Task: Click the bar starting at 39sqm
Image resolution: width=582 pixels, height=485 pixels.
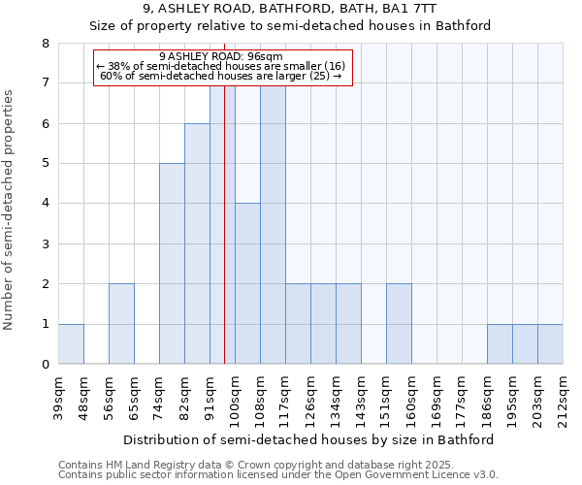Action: [x=71, y=344]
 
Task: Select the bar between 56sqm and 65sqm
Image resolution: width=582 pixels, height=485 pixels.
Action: [x=121, y=324]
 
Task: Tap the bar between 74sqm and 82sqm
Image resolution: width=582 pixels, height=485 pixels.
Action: [x=172, y=264]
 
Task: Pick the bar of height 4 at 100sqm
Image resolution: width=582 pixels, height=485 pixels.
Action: [x=247, y=284]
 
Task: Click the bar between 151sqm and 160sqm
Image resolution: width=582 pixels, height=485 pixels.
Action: [x=399, y=324]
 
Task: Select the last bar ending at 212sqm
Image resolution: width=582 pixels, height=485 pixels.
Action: [x=550, y=344]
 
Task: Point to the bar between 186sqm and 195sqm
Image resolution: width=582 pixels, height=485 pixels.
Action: [x=500, y=344]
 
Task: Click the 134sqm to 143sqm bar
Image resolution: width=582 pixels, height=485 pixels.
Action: [x=348, y=324]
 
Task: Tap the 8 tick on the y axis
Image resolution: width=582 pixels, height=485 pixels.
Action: [x=45, y=44]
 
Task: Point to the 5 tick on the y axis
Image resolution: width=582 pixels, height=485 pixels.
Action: [x=45, y=164]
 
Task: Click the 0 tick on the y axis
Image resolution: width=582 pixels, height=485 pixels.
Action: [x=45, y=365]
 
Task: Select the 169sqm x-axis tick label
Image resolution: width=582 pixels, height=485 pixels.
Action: [x=436, y=398]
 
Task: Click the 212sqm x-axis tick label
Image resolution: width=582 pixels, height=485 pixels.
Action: [x=563, y=398]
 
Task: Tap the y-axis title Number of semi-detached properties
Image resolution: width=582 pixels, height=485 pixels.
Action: [x=10, y=210]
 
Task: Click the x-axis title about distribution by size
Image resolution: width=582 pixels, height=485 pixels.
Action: [x=310, y=439]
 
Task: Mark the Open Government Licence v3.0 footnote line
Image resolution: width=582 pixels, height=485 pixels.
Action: [x=278, y=475]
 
